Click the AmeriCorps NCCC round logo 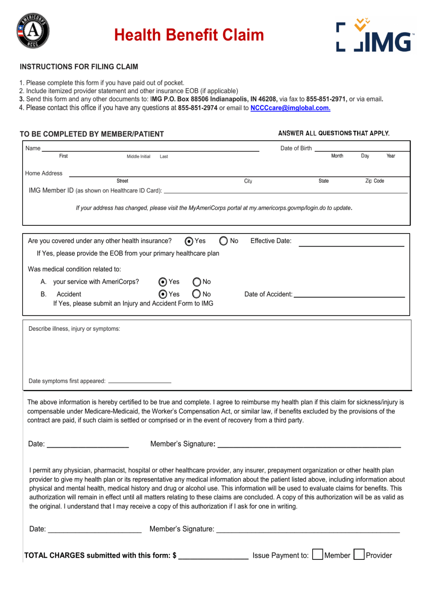[x=33, y=31]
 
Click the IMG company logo [x=375, y=36]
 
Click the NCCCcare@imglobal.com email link [x=290, y=108]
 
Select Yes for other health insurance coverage [x=189, y=241]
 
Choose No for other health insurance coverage [x=224, y=241]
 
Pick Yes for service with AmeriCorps [x=163, y=282]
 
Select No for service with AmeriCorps [x=197, y=282]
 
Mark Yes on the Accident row [x=163, y=294]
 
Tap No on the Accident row [x=197, y=294]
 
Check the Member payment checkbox [x=318, y=555]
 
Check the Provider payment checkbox [x=359, y=555]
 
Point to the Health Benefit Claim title [x=189, y=35]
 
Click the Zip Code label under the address [x=375, y=181]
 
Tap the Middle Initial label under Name [x=138, y=156]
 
